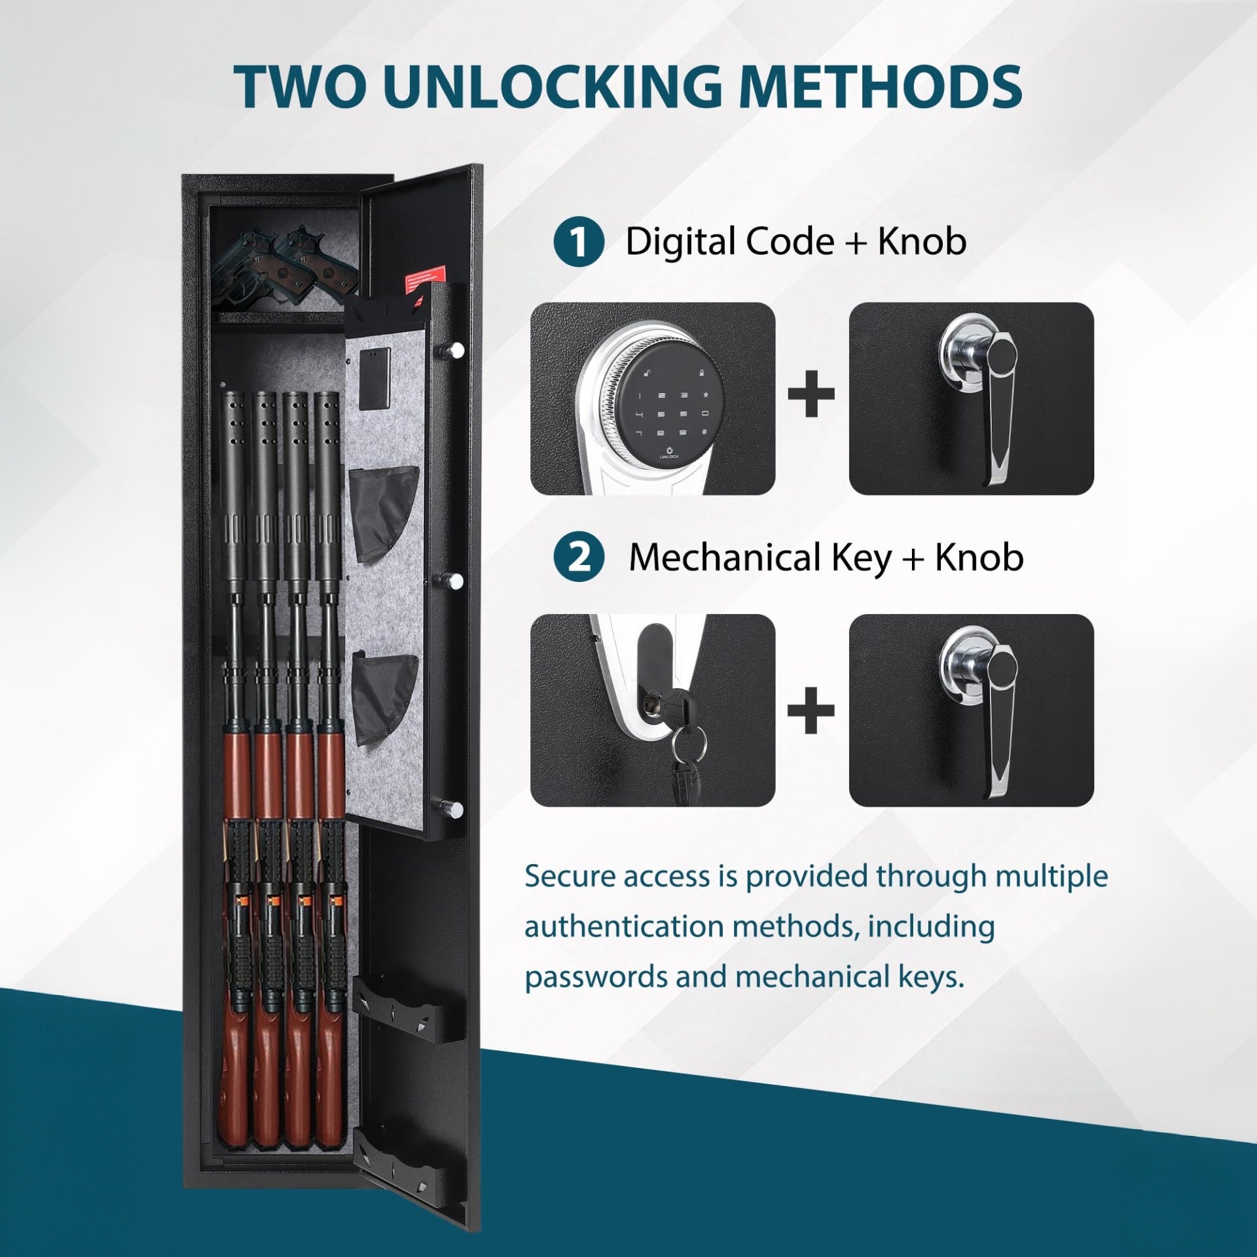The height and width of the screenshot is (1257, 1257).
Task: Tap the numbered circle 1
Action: point(579,242)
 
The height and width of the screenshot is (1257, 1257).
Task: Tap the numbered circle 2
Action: point(579,558)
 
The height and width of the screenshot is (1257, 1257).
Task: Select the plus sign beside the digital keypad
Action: point(811,393)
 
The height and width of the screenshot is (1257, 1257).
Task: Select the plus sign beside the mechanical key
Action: point(811,710)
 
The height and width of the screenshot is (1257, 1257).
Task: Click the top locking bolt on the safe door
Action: point(456,350)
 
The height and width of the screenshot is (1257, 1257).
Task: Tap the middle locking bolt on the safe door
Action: point(456,580)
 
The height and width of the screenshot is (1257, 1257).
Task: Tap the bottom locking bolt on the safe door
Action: point(456,810)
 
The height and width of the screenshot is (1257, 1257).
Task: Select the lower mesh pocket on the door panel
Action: point(384,698)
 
